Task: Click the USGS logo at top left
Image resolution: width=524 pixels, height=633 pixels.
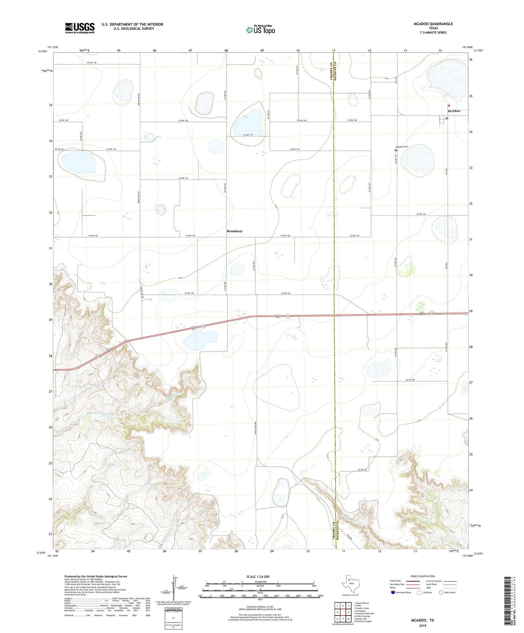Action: [80, 28]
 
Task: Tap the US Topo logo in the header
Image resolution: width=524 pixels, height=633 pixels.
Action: [260, 30]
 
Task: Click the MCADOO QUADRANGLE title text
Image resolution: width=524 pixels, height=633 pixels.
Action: [433, 24]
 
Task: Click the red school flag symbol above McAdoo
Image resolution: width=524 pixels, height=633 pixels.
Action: [449, 106]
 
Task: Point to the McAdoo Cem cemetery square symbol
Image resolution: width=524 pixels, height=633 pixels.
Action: [396, 150]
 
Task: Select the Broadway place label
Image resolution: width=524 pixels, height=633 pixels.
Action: [234, 231]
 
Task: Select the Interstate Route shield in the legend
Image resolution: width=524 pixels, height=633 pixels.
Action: [393, 592]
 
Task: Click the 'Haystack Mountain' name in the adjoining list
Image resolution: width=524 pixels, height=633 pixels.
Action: [365, 613]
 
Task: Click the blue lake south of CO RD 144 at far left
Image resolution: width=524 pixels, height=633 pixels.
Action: [78, 162]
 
